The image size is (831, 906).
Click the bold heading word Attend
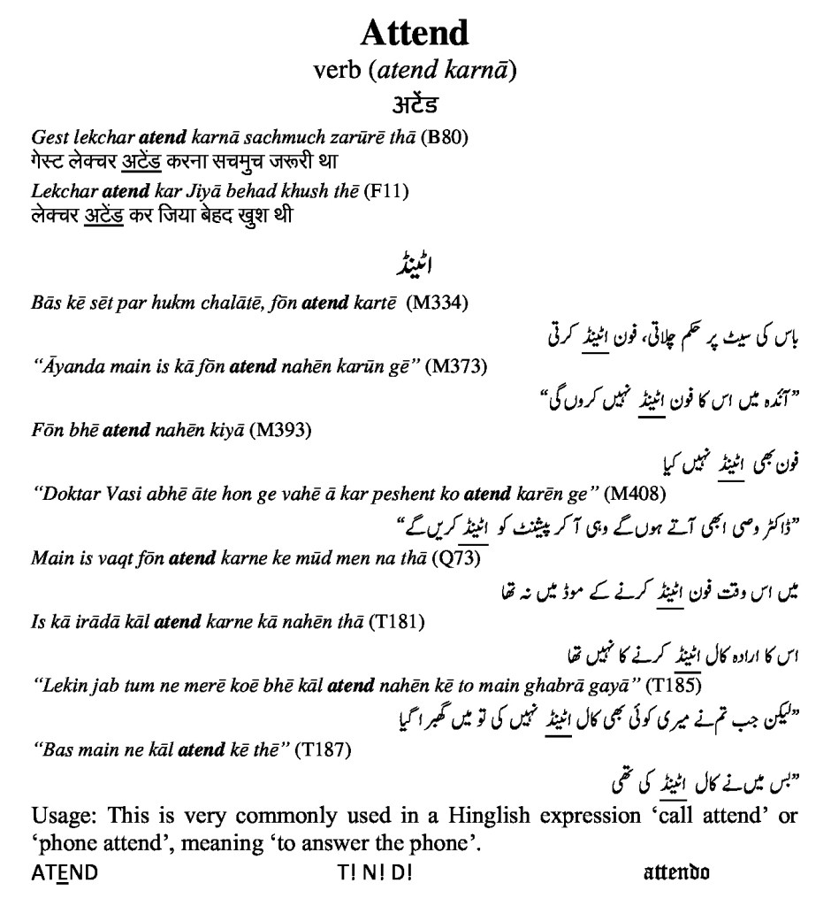[x=414, y=35]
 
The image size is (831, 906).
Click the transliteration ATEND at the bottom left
[x=65, y=872]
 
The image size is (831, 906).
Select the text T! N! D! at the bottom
[x=374, y=872]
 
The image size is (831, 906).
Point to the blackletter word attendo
[x=676, y=872]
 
